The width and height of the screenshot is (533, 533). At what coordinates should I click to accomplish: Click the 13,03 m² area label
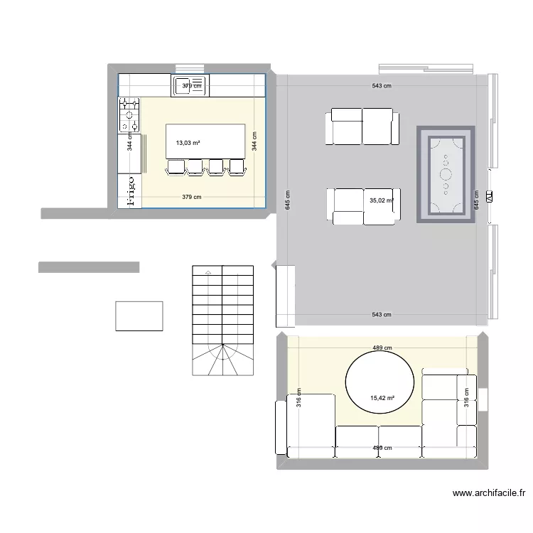pyautogui.click(x=188, y=143)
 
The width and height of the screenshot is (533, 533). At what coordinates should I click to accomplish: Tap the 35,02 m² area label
pyautogui.click(x=381, y=200)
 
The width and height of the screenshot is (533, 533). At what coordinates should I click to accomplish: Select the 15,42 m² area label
pyautogui.click(x=382, y=399)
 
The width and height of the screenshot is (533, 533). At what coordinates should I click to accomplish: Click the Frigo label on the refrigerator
pyautogui.click(x=130, y=192)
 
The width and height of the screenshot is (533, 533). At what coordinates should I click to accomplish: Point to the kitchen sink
pyautogui.click(x=188, y=86)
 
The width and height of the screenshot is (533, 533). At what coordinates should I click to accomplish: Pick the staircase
pyautogui.click(x=222, y=320)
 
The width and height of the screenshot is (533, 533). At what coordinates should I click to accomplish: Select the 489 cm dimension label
pyautogui.click(x=382, y=348)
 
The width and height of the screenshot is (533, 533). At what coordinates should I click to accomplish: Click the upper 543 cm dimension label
pyautogui.click(x=382, y=86)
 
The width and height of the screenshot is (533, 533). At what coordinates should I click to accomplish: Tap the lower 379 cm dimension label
pyautogui.click(x=191, y=197)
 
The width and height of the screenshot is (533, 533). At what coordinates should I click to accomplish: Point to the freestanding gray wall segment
pyautogui.click(x=88, y=267)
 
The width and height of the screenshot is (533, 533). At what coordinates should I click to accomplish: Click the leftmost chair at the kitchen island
pyautogui.click(x=175, y=167)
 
